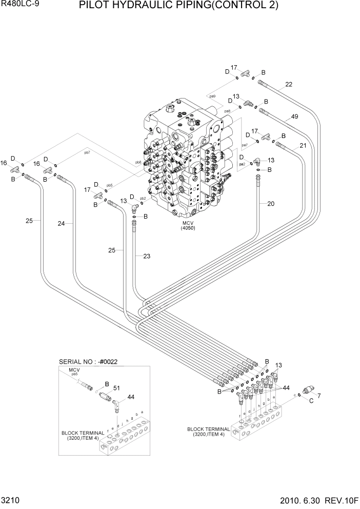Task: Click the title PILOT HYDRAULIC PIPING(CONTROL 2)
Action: click(179, 6)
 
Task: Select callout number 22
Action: click(289, 85)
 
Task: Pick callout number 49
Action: click(294, 116)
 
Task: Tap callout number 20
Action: click(270, 204)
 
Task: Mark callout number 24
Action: click(61, 223)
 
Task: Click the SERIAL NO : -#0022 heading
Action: click(89, 361)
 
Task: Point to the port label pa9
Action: click(212, 95)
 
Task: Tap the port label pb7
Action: click(87, 152)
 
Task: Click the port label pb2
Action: click(143, 198)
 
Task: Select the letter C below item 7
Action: click(311, 402)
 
